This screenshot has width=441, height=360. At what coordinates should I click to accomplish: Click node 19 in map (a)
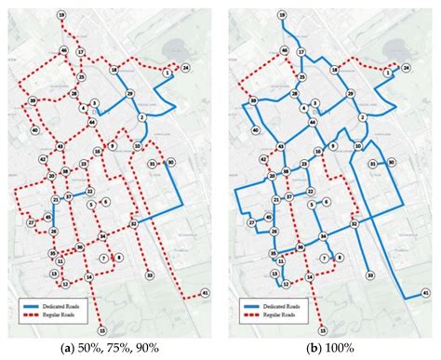[60, 17]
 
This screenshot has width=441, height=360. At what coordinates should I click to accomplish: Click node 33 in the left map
[149, 274]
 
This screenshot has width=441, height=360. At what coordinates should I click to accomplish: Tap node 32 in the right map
[355, 223]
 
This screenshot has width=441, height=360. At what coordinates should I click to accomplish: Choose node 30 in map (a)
[171, 162]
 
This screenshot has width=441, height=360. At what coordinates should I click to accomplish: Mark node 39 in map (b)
[253, 100]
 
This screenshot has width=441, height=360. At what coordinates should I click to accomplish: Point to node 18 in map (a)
[113, 70]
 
